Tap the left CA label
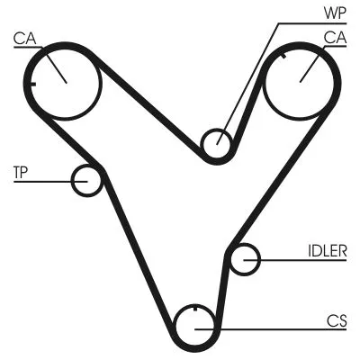[x=24, y=38]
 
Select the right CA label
[x=335, y=38]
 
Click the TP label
[x=21, y=171]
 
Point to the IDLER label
[x=326, y=252]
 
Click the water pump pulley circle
[x=216, y=143]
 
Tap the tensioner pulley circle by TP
[x=87, y=180]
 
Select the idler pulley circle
[x=245, y=260]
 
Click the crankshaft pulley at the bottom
[x=194, y=327]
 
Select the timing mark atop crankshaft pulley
[x=194, y=311]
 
